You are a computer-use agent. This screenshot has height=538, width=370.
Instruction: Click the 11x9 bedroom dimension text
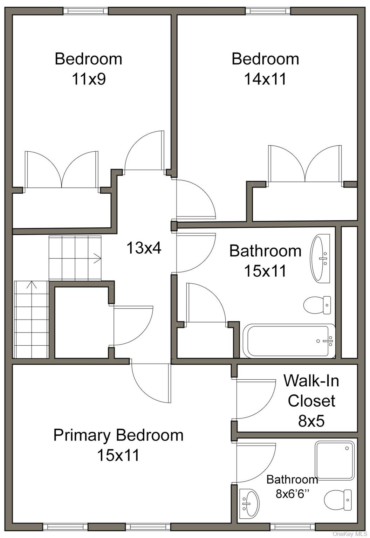pyautogui.click(x=89, y=79)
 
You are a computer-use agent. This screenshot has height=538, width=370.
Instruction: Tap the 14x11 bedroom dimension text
pyautogui.click(x=265, y=79)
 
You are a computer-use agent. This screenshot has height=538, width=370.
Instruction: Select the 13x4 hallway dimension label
pyautogui.click(x=144, y=248)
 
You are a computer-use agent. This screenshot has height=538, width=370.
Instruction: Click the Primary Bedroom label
pyautogui.click(x=118, y=435)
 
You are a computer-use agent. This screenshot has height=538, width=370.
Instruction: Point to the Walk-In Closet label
pyautogui.click(x=311, y=391)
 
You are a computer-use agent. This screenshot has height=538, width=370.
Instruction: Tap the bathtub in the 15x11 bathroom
pyautogui.click(x=289, y=341)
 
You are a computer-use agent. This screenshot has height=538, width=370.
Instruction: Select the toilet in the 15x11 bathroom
pyautogui.click(x=317, y=305)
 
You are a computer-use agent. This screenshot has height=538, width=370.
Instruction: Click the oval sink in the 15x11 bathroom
pyautogui.click(x=321, y=259)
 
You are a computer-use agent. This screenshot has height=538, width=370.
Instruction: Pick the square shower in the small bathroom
pyautogui.click(x=335, y=460)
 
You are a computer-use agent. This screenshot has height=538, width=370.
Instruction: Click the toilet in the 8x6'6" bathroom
pyautogui.click(x=338, y=500)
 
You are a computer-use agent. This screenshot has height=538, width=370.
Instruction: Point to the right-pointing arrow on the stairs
pyautogui.click(x=97, y=258)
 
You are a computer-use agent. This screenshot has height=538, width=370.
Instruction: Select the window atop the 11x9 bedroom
pyautogui.click(x=86, y=11)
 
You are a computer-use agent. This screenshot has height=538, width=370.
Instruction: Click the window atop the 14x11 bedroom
pyautogui.click(x=268, y=11)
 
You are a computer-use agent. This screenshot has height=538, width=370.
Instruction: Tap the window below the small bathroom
pyautogui.click(x=293, y=526)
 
